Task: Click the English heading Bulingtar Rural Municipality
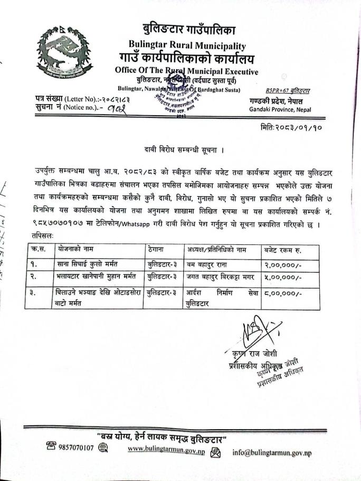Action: tap(187, 45)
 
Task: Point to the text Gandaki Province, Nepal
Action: tap(280, 110)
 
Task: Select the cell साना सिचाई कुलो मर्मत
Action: tap(85, 262)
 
